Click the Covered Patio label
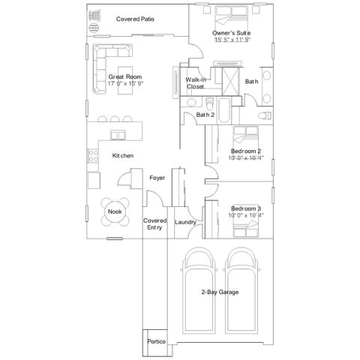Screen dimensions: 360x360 pyautogui.click(x=135, y=19)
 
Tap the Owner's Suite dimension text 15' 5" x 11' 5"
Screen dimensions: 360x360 pyautogui.click(x=232, y=40)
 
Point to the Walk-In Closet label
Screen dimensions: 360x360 pyautogui.click(x=196, y=83)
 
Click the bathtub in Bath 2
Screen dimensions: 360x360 pyautogui.click(x=224, y=110)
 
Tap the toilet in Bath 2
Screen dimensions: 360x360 pyautogui.click(x=209, y=103)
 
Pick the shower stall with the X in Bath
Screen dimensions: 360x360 pyautogui.click(x=231, y=81)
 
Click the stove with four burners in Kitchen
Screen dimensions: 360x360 pyautogui.click(x=93, y=155)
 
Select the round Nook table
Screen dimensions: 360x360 pyautogui.click(x=115, y=211)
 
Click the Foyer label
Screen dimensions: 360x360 pyautogui.click(x=157, y=178)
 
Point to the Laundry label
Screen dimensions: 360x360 pyautogui.click(x=185, y=222)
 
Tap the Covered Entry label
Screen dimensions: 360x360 pyautogui.click(x=154, y=224)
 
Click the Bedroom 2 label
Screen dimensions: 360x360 pyautogui.click(x=246, y=151)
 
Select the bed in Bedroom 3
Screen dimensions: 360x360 pyautogui.click(x=246, y=228)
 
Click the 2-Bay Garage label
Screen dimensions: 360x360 pyautogui.click(x=220, y=292)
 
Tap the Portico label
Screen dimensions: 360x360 pyautogui.click(x=156, y=341)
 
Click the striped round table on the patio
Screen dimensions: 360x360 pyautogui.click(x=94, y=28)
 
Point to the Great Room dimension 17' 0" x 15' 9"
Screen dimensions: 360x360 pyautogui.click(x=125, y=83)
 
